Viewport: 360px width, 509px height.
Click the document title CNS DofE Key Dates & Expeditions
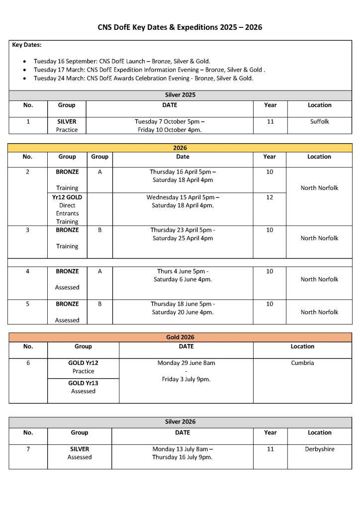(x=180, y=27)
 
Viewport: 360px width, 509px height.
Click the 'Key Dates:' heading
(x=27, y=45)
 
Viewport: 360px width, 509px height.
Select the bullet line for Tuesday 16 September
(x=122, y=61)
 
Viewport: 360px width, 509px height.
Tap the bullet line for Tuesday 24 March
(x=143, y=78)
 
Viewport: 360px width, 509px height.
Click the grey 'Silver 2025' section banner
(x=180, y=94)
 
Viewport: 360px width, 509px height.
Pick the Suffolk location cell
(x=319, y=121)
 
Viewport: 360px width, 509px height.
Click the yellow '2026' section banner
(x=180, y=148)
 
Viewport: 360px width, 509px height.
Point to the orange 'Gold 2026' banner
(x=180, y=337)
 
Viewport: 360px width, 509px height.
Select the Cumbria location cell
(x=302, y=363)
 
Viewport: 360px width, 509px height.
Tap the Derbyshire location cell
(x=319, y=449)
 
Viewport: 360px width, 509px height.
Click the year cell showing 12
(x=270, y=197)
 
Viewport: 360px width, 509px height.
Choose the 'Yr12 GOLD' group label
(x=67, y=197)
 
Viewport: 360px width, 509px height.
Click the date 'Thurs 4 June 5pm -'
(x=182, y=271)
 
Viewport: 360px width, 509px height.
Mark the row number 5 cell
(x=27, y=304)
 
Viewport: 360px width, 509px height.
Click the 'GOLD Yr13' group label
(x=83, y=383)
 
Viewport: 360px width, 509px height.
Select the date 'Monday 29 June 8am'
(x=186, y=363)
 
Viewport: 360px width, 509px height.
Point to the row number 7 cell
(x=28, y=449)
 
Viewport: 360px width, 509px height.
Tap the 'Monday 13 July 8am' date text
(x=182, y=449)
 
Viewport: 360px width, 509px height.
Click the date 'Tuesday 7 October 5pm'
(x=170, y=121)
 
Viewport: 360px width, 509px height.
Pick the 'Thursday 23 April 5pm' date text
(x=182, y=230)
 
